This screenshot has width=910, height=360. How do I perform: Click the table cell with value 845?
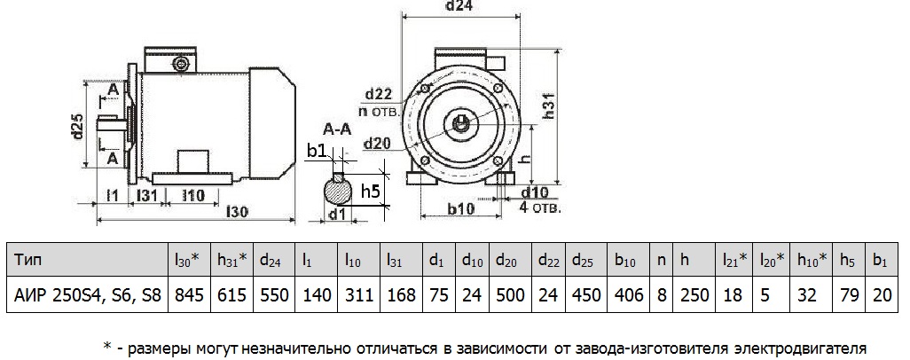[187, 293]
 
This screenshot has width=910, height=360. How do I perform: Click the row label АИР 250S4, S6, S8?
[86, 293]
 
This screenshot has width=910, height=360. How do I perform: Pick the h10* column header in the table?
[810, 261]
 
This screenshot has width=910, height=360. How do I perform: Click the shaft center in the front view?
[463, 122]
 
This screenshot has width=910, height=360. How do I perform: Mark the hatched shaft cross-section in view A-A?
[337, 190]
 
